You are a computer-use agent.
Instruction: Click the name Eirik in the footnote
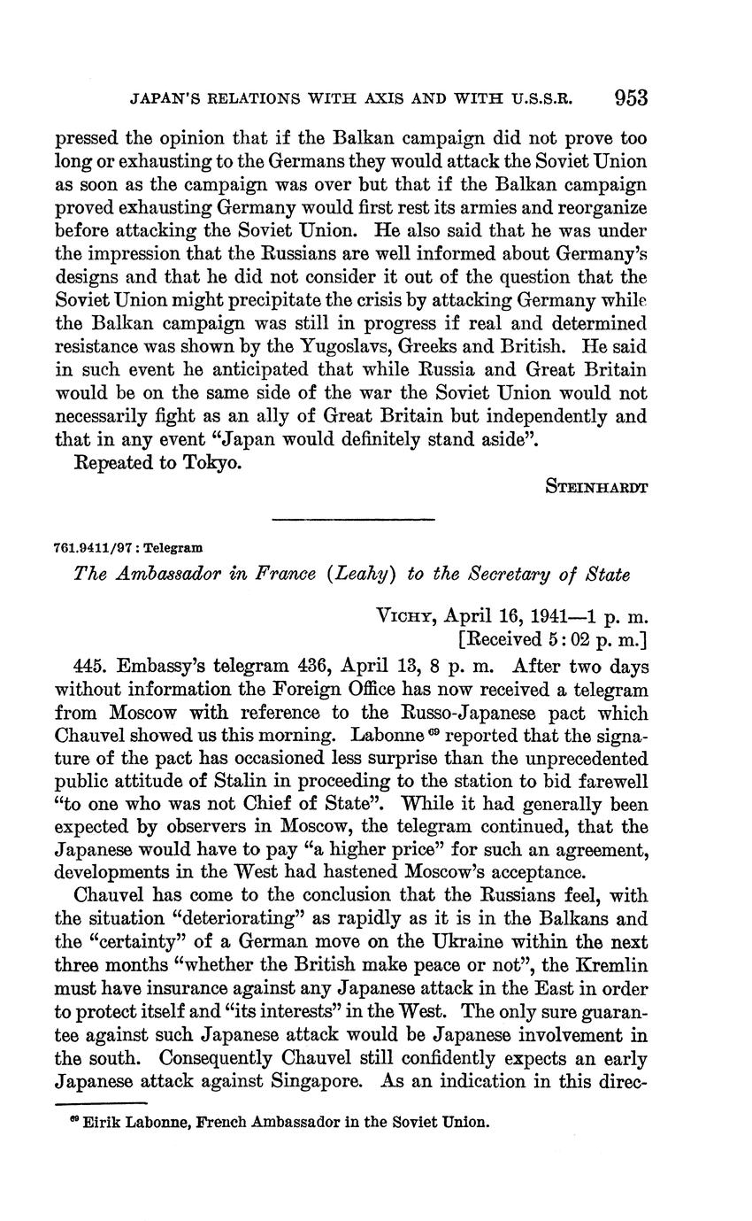(x=101, y=1122)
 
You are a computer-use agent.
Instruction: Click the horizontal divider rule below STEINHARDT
(x=354, y=520)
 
